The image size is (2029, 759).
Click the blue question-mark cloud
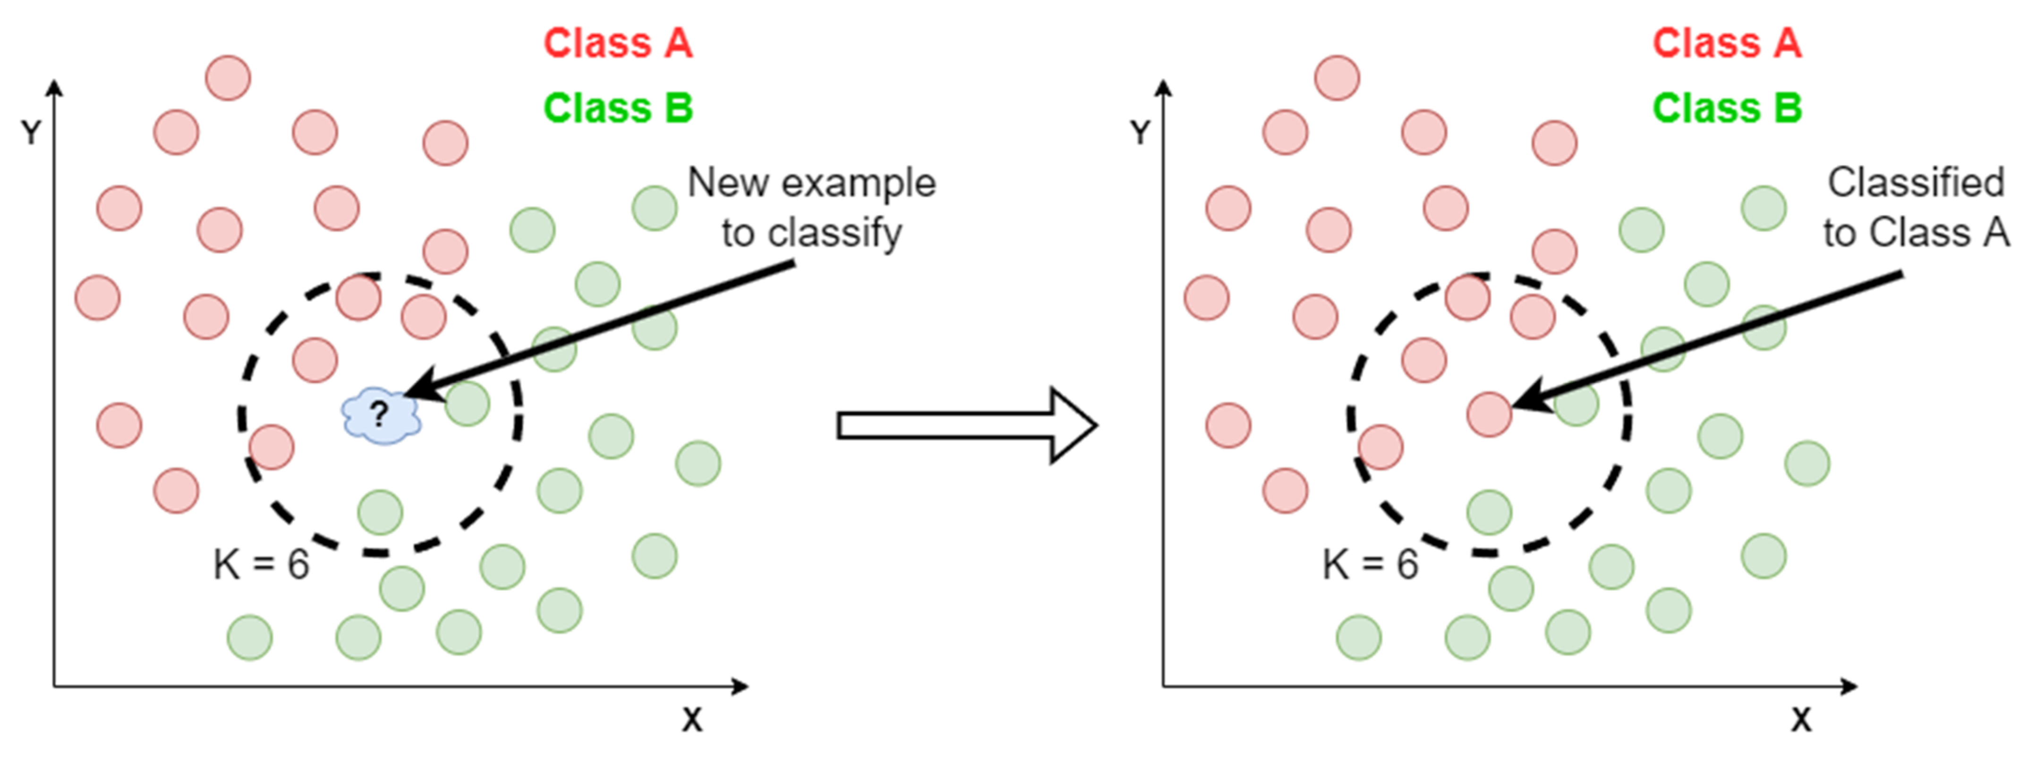coord(381,415)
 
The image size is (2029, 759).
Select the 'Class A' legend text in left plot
coord(617,43)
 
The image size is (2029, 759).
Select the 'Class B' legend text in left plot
coord(617,108)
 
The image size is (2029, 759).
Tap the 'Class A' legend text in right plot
coord(1727,43)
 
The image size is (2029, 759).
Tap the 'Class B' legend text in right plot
coord(1727,108)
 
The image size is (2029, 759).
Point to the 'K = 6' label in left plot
coord(261,565)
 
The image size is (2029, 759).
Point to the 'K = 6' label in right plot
coord(1370,565)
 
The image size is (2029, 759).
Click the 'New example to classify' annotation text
coord(811,208)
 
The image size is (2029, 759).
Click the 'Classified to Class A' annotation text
coord(1916,208)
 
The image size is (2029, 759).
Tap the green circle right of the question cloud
coord(467,404)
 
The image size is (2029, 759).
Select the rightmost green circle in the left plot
coord(698,463)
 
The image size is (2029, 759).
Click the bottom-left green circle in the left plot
coord(250,637)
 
